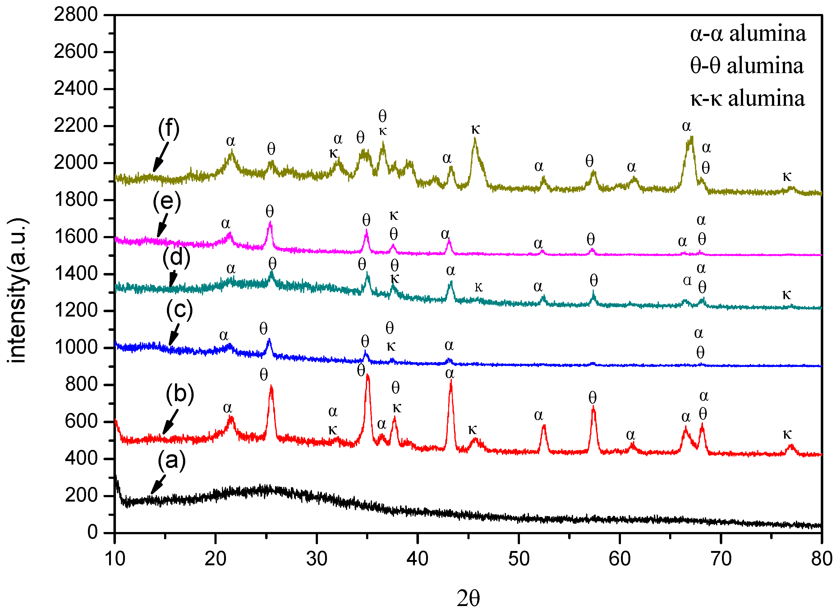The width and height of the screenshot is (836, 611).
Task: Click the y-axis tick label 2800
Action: pos(76,15)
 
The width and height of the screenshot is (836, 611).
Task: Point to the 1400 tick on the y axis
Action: pos(76,274)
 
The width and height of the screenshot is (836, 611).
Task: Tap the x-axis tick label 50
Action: pos(518,559)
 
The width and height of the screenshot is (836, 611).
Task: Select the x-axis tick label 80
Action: pos(821,559)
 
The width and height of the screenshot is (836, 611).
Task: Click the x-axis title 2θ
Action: pos(468,599)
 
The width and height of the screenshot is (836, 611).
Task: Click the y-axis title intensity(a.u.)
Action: pos(17,290)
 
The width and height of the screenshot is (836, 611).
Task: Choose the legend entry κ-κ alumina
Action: pos(748,99)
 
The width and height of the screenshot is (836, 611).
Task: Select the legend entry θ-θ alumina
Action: pos(746,66)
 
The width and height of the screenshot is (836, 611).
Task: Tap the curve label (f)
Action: pos(168,128)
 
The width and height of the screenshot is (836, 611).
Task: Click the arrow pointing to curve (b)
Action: pos(170,422)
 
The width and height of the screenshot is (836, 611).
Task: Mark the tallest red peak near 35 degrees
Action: pos(367,375)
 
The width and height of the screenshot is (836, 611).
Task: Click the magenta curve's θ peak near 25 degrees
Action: pos(270,223)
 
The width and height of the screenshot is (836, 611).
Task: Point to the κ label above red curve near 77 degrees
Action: pos(787,435)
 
